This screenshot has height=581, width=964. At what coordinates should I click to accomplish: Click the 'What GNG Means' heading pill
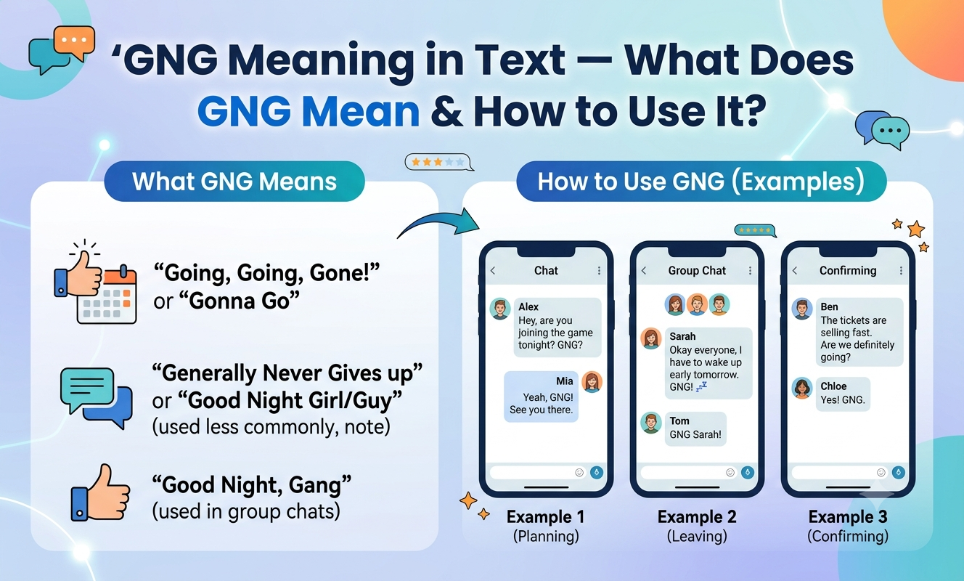234,182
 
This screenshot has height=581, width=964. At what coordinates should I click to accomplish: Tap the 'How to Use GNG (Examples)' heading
701,182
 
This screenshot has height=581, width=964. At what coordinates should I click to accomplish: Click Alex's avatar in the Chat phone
500,309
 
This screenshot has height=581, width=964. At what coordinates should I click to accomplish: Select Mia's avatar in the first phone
592,381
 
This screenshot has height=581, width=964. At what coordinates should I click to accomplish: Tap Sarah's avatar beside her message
651,338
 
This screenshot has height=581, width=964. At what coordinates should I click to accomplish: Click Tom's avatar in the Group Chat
651,423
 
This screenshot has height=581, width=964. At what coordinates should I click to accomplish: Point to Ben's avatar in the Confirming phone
802,309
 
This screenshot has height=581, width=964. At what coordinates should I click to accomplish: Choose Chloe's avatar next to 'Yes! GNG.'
802,388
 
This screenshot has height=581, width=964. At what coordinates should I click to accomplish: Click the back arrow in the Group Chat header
644,270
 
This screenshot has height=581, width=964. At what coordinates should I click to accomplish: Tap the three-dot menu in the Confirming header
901,270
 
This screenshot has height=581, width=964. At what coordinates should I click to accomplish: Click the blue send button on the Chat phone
597,473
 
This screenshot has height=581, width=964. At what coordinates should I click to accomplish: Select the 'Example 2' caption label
697,517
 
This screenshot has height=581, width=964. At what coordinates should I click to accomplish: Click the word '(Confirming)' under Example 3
848,536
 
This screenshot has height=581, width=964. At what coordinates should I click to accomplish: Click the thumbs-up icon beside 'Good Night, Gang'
101,492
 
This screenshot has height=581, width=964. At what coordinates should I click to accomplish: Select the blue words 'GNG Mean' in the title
309,111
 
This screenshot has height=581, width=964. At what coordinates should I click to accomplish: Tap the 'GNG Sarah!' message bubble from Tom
695,428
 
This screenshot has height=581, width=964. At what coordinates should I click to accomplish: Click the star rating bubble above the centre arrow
438,163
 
